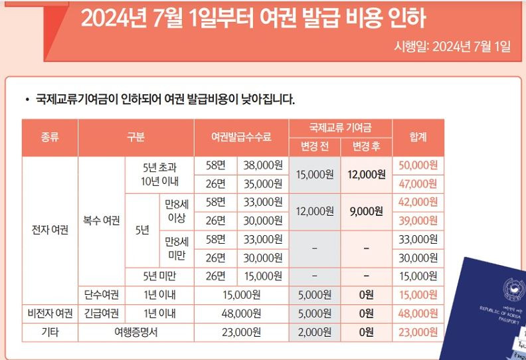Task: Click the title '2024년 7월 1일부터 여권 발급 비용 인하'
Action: pyautogui.click(x=253, y=19)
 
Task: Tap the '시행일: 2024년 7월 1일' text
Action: pyautogui.click(x=452, y=46)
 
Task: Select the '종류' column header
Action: pyautogui.click(x=50, y=137)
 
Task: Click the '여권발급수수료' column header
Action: pyautogui.click(x=241, y=137)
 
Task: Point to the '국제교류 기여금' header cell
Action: pyautogui.click(x=340, y=128)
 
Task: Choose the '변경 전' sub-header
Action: pyautogui.click(x=314, y=147)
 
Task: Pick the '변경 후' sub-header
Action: pyautogui.click(x=366, y=147)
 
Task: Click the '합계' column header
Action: pyautogui.click(x=418, y=137)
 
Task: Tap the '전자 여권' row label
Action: pyautogui.click(x=50, y=230)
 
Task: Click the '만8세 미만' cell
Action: pyautogui.click(x=176, y=248)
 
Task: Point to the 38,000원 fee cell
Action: pyautogui.click(x=263, y=165)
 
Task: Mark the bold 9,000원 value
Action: pyautogui.click(x=366, y=211)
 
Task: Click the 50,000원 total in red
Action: pyautogui.click(x=418, y=165)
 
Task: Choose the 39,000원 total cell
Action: pyautogui.click(x=418, y=221)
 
